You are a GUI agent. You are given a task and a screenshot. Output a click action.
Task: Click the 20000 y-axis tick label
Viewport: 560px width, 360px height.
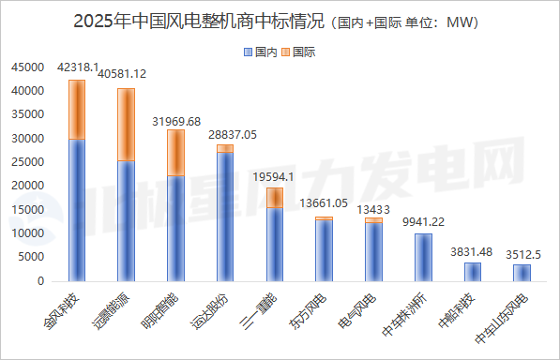tap(27, 186)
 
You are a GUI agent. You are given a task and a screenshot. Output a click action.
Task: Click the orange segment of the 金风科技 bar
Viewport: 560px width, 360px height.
tap(77, 110)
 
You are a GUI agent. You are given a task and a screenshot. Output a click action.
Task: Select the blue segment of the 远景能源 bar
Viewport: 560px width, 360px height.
tap(127, 220)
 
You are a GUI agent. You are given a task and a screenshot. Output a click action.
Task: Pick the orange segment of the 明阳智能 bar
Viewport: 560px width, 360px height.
tap(175, 152)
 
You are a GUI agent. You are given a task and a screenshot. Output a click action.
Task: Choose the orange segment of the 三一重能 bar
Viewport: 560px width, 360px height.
tap(274, 197)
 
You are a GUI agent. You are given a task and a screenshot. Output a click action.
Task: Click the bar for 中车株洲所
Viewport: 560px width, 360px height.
tap(423, 257)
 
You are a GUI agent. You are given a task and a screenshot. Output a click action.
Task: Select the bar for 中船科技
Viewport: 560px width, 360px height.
tap(473, 271)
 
